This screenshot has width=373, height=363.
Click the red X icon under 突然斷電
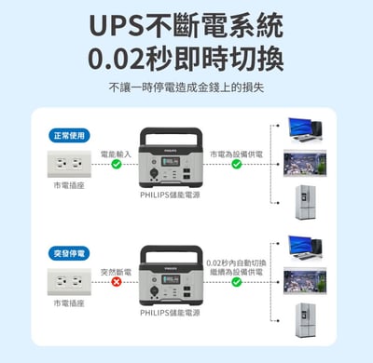[117, 281]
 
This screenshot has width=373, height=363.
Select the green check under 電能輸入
[117, 164]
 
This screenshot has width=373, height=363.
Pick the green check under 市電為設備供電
[237, 164]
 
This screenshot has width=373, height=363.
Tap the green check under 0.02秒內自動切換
[237, 281]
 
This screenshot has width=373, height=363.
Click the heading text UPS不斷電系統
[186, 24]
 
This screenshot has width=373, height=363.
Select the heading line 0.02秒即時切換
[186, 58]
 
